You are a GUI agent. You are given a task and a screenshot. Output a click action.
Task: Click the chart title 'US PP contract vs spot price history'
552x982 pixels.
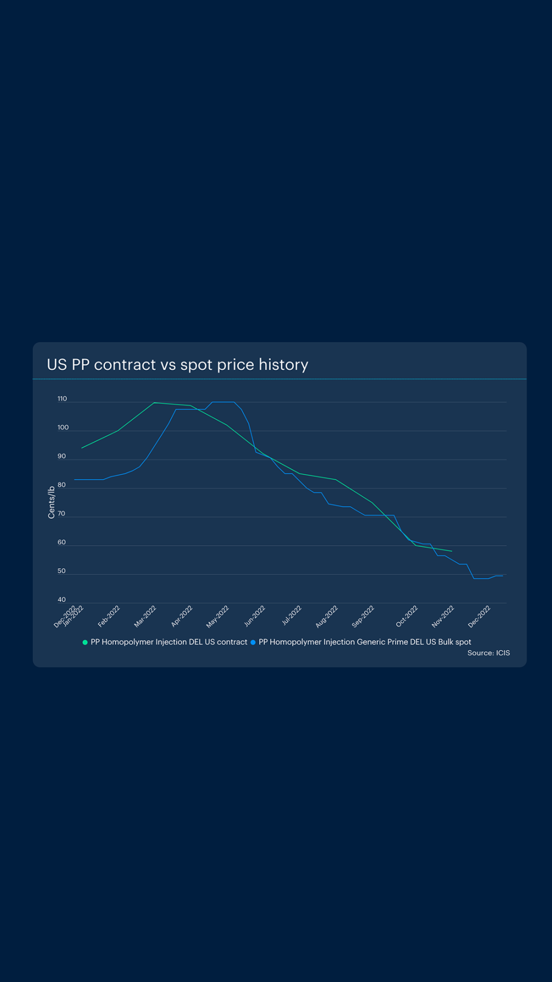[177, 365]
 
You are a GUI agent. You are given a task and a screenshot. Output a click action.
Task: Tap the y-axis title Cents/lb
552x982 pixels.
[51, 502]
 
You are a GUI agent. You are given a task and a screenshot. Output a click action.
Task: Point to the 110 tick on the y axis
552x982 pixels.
[62, 399]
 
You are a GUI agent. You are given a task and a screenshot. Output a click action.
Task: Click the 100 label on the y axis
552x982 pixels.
[63, 428]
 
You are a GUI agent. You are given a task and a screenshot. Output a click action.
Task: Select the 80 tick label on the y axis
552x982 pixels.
[61, 485]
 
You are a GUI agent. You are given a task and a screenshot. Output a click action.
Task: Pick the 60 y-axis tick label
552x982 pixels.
[61, 543]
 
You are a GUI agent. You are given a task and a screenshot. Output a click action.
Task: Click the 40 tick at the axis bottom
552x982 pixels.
[61, 600]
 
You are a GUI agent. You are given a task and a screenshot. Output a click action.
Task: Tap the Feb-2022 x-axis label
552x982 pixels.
[109, 616]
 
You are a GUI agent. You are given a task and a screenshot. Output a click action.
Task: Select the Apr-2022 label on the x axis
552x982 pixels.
[182, 616]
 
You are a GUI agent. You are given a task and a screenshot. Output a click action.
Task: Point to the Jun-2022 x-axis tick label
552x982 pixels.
[255, 616]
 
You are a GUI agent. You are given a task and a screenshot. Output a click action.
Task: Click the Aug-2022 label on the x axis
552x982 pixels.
[327, 616]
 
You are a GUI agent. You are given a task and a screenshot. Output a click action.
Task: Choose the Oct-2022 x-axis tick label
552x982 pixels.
[407, 616]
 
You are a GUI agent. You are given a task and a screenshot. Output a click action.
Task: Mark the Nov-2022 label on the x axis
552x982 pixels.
[443, 616]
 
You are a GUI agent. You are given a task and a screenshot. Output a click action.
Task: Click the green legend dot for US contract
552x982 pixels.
[85, 642]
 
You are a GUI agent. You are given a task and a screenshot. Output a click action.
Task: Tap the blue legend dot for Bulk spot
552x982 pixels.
[253, 642]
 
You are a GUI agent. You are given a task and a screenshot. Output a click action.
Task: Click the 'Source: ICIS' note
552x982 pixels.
[488, 653]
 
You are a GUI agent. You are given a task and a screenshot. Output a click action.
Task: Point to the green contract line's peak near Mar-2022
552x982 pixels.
[154, 402]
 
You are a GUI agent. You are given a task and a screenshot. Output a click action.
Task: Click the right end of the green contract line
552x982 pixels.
[452, 551]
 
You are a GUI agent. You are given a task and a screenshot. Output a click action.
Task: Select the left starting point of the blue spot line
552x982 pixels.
[75, 480]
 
